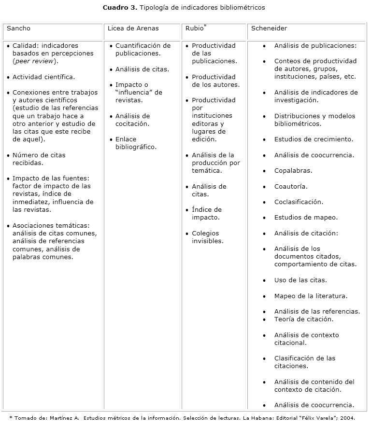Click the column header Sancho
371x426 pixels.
(x=18, y=28)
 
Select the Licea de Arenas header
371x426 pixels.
(x=133, y=28)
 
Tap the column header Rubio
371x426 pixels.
(x=194, y=28)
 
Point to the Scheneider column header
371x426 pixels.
(x=269, y=28)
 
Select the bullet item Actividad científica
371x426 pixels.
(x=43, y=77)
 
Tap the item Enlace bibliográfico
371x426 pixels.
(x=136, y=143)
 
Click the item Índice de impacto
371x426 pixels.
(x=207, y=214)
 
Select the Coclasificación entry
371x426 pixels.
(x=299, y=202)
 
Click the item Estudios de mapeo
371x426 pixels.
(x=306, y=218)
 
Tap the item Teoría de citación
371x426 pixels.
(x=304, y=319)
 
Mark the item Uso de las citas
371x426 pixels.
(x=300, y=280)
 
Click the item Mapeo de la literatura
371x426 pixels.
(x=311, y=296)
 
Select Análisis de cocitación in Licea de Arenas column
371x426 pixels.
(x=132, y=120)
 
